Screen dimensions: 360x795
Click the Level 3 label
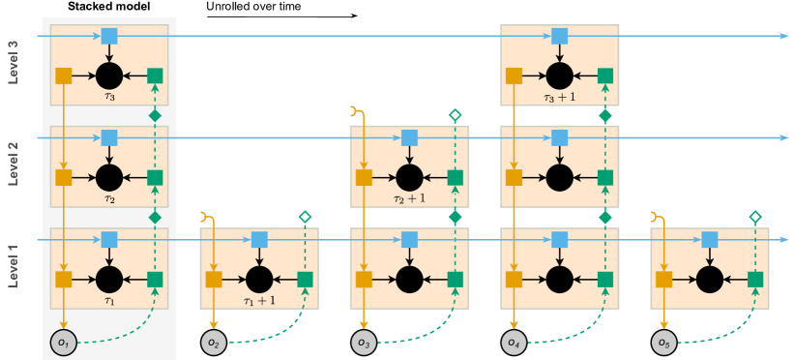tap(14, 62)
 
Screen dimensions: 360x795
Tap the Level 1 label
tap(14, 265)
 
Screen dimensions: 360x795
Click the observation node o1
tap(63, 342)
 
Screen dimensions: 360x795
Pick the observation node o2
tap(213, 342)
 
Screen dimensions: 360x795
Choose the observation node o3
tap(364, 342)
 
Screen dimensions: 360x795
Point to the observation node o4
tap(514, 342)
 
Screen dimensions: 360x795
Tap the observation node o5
tap(663, 342)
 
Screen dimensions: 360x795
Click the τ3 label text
tap(109, 96)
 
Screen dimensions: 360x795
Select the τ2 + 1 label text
tap(410, 197)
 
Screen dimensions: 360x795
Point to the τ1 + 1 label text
tap(259, 300)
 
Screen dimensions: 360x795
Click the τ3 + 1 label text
tap(560, 96)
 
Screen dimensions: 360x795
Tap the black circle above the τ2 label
tap(109, 177)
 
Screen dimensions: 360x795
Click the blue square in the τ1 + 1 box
tap(259, 239)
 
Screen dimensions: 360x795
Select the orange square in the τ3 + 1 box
tap(514, 75)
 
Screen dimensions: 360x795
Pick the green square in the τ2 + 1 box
tap(456, 177)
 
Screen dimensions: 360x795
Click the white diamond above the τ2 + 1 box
tap(456, 115)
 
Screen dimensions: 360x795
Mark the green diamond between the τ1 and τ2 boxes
tap(155, 218)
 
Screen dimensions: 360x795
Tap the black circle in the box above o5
tap(710, 280)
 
